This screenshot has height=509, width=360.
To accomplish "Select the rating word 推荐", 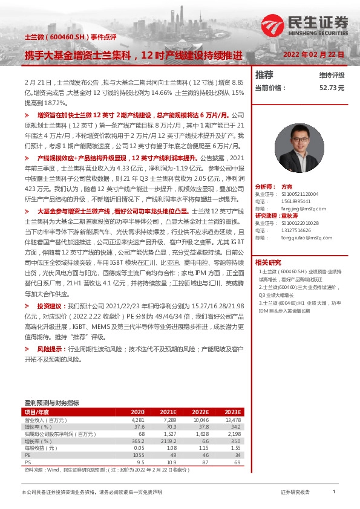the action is (264, 75).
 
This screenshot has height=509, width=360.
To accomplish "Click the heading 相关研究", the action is (267, 262).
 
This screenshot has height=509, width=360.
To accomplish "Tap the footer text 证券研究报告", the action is (295, 493).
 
